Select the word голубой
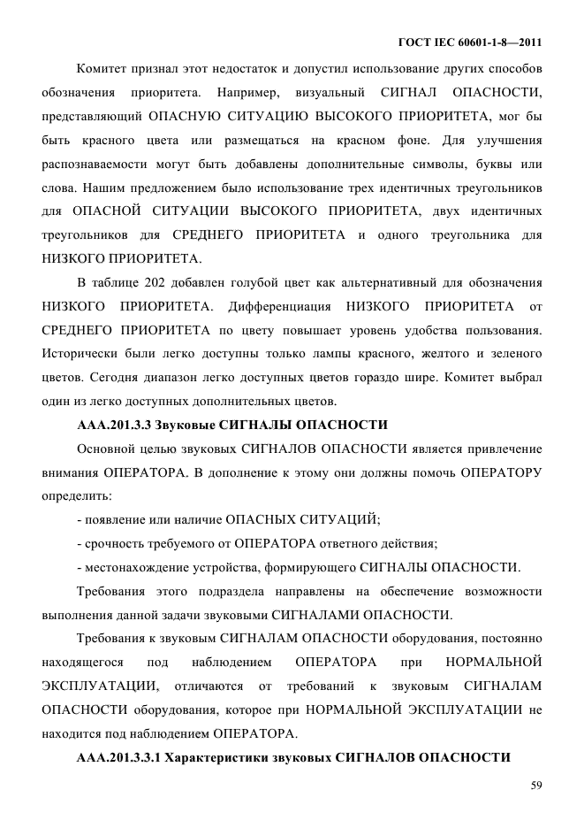point(247,282)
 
